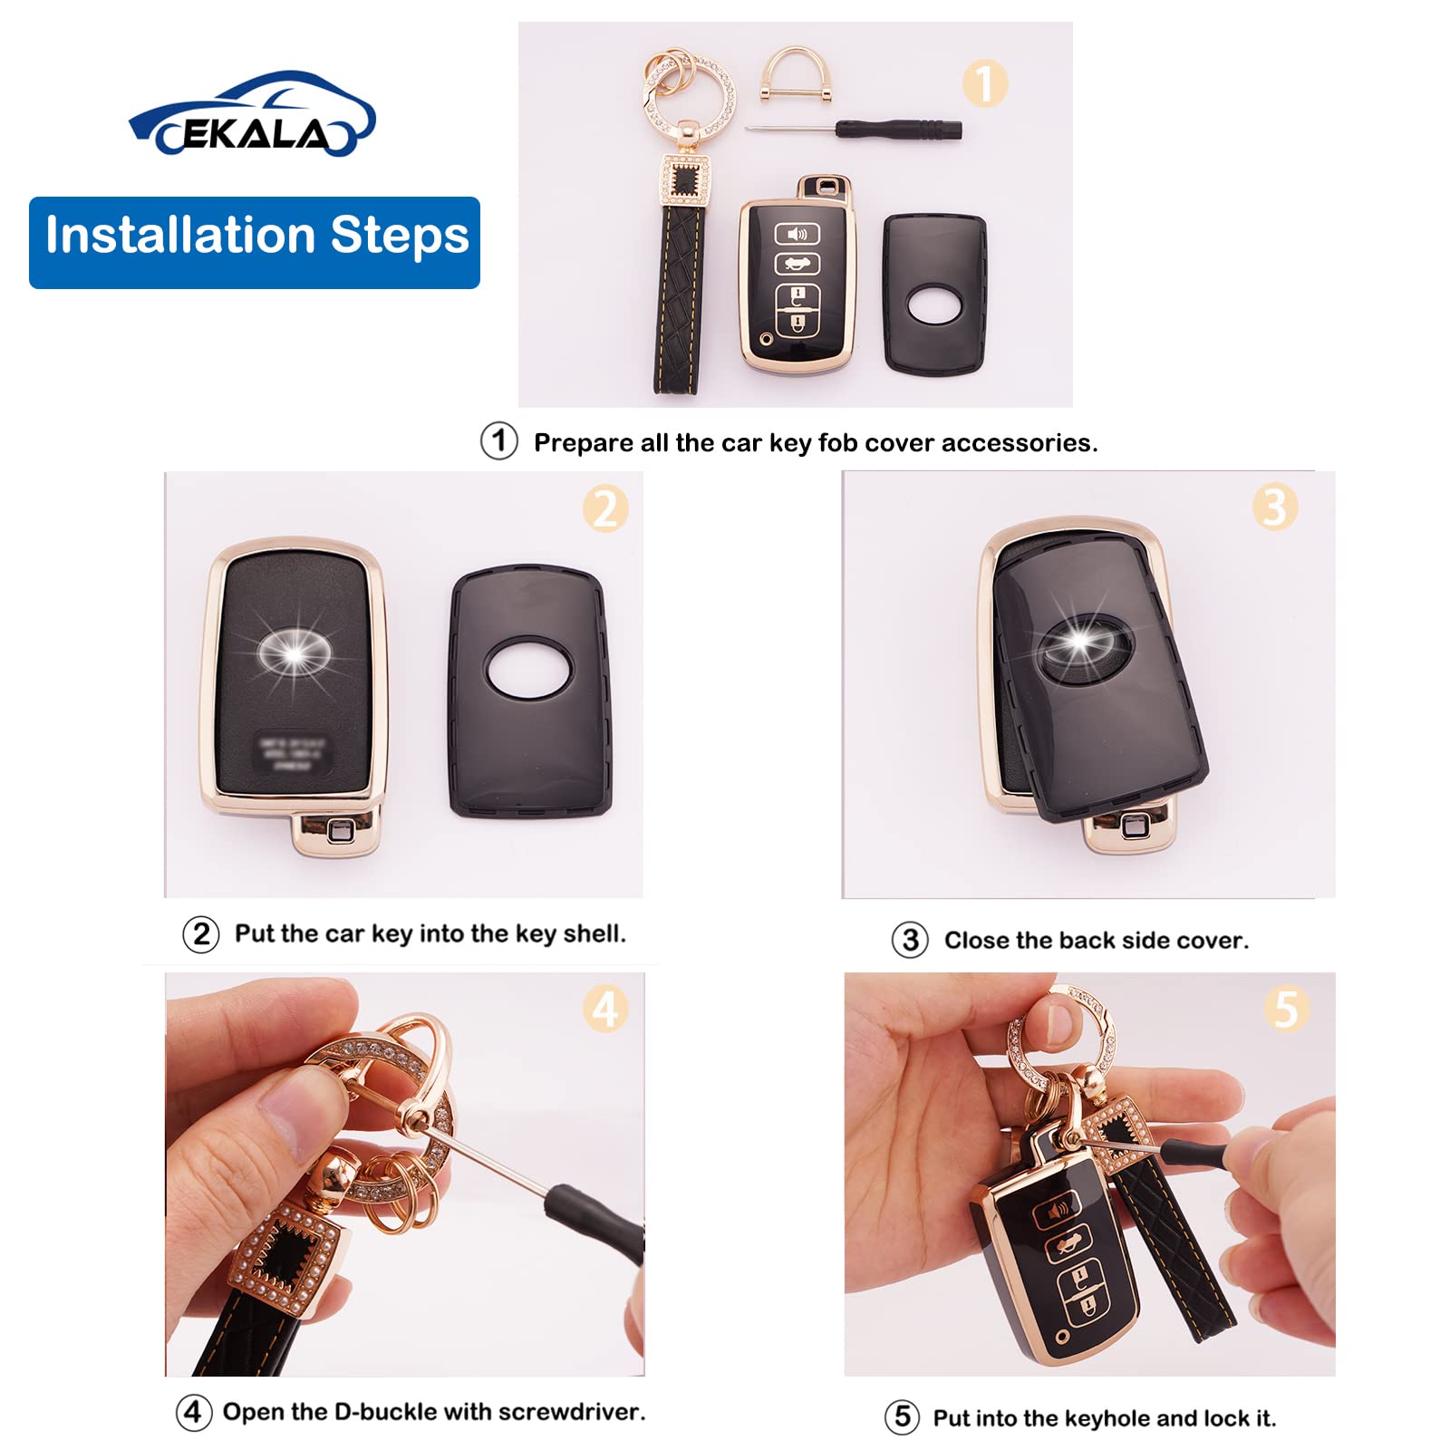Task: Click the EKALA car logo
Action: [252, 116]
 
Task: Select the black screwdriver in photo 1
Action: [897, 129]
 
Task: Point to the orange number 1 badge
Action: [984, 83]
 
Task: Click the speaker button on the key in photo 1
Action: [797, 235]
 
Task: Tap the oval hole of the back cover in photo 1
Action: [934, 304]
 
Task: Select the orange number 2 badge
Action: [605, 508]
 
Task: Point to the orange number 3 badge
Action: [1274, 507]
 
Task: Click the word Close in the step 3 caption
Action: [977, 941]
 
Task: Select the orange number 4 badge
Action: [605, 1009]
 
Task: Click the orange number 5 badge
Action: [1287, 1009]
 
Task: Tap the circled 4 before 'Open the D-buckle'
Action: [193, 1412]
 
